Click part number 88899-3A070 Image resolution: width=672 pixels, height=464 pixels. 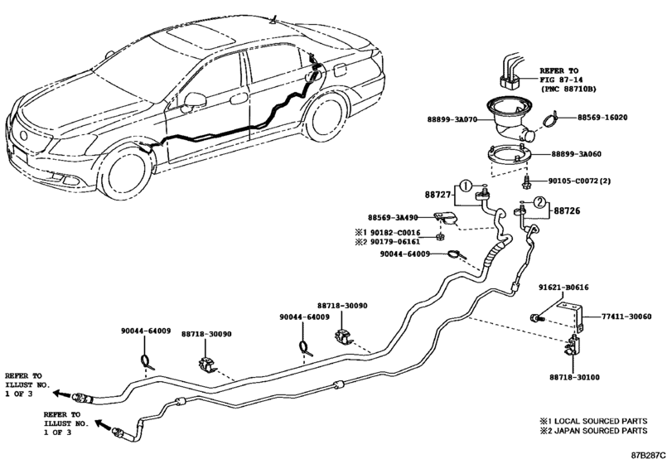[x=452, y=119]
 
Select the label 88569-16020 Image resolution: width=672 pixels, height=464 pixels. [x=602, y=117]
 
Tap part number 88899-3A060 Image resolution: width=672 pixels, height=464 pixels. [x=576, y=154]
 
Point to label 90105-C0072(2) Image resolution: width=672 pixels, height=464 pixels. [x=580, y=181]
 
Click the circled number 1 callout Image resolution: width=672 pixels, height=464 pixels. [x=466, y=186]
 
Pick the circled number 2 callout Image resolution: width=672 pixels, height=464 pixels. [x=539, y=203]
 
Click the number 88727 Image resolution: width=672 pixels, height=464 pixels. [x=438, y=195]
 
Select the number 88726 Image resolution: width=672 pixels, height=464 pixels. [x=567, y=210]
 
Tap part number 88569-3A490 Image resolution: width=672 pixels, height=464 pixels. [x=393, y=218]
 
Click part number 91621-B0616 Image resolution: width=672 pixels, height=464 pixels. [x=563, y=288]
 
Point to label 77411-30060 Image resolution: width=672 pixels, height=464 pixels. [x=626, y=317]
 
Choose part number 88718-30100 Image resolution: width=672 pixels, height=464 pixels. [x=575, y=378]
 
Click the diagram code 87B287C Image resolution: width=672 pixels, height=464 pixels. [x=648, y=454]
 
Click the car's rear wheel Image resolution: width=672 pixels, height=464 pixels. [x=326, y=118]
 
